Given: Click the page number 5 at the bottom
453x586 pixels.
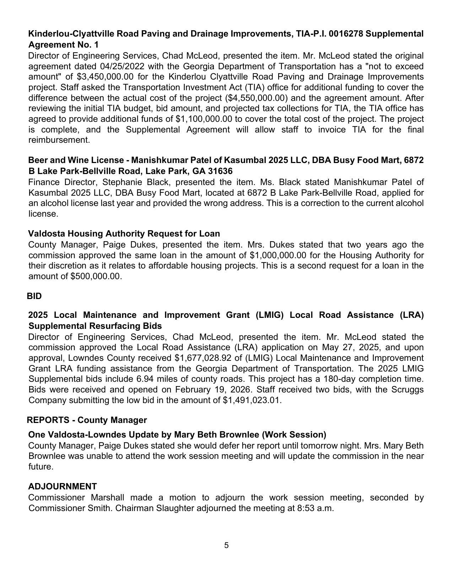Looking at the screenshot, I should (x=226, y=545).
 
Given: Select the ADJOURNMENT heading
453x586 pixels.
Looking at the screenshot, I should (x=63, y=486).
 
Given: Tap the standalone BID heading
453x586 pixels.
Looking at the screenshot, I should (x=34, y=296).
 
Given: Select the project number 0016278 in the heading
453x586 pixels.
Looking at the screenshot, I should (x=346, y=34).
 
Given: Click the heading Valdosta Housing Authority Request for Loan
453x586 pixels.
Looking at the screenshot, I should (x=124, y=233).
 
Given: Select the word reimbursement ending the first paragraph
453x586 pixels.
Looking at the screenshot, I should (x=58, y=140).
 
